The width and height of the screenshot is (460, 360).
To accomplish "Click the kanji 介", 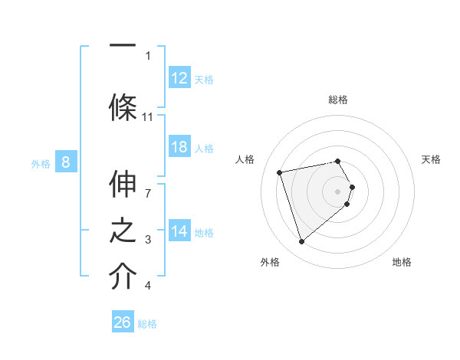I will pyautogui.click(x=123, y=277).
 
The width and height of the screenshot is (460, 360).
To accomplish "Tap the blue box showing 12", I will pyautogui.click(x=179, y=78).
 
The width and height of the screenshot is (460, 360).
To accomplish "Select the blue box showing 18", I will pyautogui.click(x=179, y=147).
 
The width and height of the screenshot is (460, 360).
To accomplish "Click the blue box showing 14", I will pyautogui.click(x=179, y=231).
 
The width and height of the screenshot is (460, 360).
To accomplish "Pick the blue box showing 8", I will pyautogui.click(x=66, y=162).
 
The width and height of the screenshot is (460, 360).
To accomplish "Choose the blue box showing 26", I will pyautogui.click(x=123, y=322).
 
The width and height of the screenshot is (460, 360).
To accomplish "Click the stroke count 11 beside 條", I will pyautogui.click(x=148, y=116).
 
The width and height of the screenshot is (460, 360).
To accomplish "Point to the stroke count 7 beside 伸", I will pyautogui.click(x=148, y=185).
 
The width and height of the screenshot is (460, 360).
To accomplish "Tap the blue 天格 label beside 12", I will pyautogui.click(x=204, y=79).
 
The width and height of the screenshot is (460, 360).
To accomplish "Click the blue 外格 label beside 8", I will pyautogui.click(x=41, y=162).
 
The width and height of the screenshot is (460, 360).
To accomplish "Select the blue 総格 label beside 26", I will pyautogui.click(x=147, y=323).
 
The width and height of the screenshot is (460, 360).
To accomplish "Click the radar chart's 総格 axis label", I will pyautogui.click(x=337, y=100).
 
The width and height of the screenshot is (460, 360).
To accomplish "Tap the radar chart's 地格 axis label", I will pyautogui.click(x=402, y=262).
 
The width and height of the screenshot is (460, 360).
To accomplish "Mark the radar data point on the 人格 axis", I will pyautogui.click(x=280, y=172).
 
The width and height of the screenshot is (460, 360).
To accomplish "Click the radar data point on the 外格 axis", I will pyautogui.click(x=302, y=241).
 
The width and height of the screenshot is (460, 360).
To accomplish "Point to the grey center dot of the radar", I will pyautogui.click(x=337, y=190).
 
